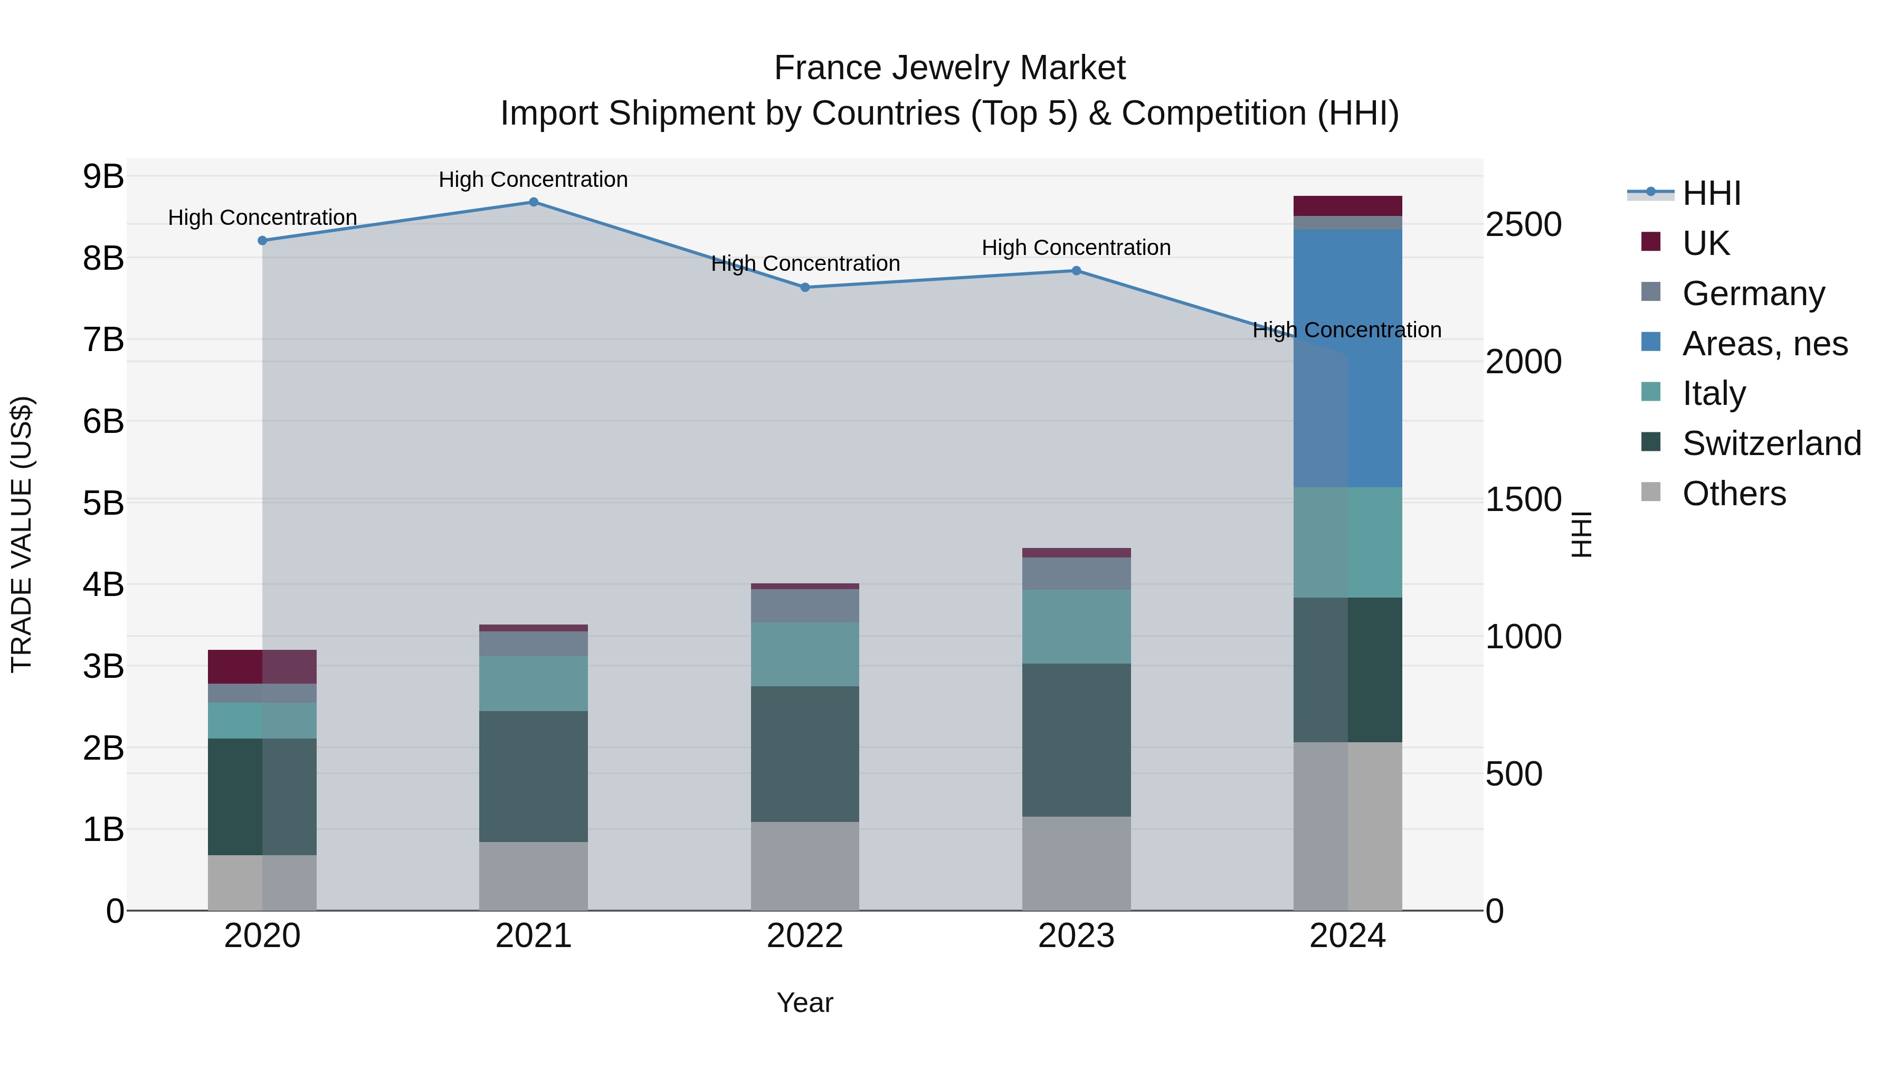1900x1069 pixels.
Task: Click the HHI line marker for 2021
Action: [533, 202]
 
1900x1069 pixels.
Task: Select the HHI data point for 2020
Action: [263, 241]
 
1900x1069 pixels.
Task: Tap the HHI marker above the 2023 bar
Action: [1076, 271]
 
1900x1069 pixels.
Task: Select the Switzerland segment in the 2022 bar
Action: [805, 754]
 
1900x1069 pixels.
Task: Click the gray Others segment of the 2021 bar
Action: [533, 876]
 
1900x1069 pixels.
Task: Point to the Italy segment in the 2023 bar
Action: [1076, 626]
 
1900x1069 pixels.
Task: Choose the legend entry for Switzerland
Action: [1771, 443]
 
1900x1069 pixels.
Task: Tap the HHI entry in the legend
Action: [1711, 193]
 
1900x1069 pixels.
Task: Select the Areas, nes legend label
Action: [1764, 344]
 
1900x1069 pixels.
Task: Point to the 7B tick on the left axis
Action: [103, 340]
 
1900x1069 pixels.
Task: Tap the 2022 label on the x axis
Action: [805, 936]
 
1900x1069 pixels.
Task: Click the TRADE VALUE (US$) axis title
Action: [22, 534]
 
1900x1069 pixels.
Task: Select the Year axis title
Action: [805, 1002]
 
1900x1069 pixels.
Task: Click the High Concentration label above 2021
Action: [533, 179]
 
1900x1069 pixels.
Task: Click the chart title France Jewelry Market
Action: [949, 68]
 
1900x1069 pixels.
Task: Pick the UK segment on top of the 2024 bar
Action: [1347, 206]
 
